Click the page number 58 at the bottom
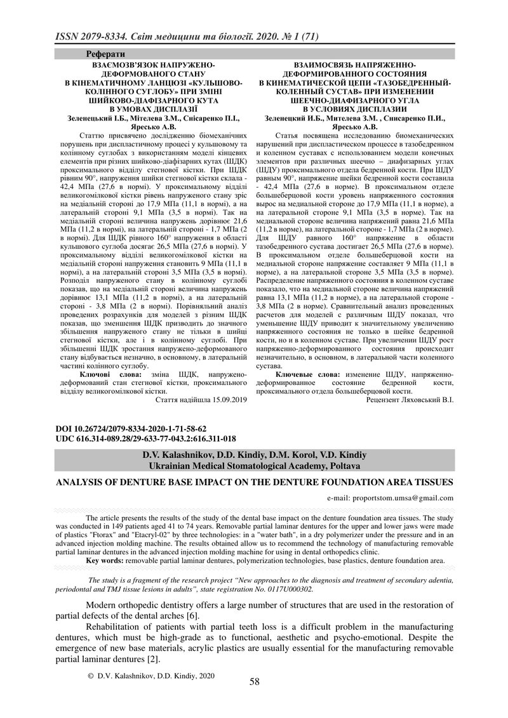point(254,682)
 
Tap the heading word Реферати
point(105,55)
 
